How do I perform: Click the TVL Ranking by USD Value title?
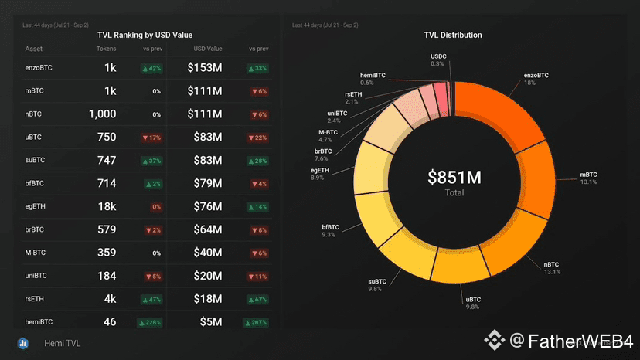click(145, 35)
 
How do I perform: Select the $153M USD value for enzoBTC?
click(205, 68)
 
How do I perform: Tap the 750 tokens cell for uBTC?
click(107, 138)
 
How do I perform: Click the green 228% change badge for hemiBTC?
click(150, 322)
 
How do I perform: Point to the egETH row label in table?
click(35, 206)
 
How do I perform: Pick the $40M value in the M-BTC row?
click(206, 253)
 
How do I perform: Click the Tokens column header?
click(107, 49)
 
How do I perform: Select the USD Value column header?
click(206, 49)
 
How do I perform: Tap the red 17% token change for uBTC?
click(151, 138)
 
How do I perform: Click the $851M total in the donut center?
click(454, 178)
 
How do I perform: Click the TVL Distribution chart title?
click(453, 35)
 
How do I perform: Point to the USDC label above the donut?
click(437, 56)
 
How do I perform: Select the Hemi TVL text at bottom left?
click(63, 343)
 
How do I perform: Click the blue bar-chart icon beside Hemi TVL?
click(24, 343)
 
